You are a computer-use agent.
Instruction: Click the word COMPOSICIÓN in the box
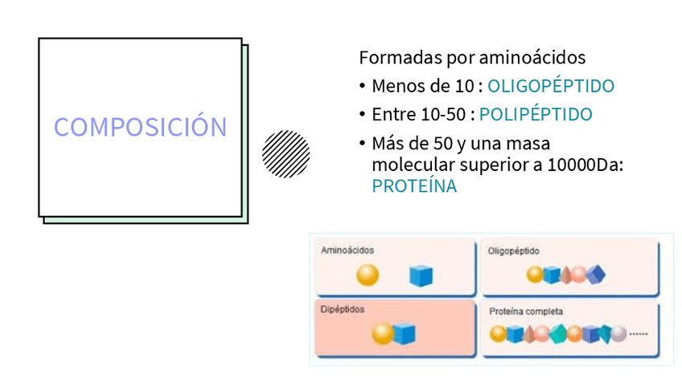tap(140, 126)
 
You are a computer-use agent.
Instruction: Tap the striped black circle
tap(286, 154)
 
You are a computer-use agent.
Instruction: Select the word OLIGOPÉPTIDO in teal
tap(551, 86)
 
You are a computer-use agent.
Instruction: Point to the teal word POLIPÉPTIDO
tap(536, 114)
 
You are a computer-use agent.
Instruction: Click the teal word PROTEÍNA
tap(414, 186)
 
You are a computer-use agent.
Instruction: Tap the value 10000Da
tap(585, 165)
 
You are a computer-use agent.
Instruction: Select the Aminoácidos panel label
tap(347, 251)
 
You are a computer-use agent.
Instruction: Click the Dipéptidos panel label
tap(343, 310)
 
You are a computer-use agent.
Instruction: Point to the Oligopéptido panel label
tap(513, 251)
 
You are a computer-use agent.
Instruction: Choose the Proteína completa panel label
tap(526, 312)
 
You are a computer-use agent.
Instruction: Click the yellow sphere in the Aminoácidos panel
tap(368, 275)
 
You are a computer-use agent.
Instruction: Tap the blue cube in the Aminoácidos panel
tap(421, 275)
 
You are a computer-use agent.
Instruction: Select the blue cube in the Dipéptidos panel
tap(405, 333)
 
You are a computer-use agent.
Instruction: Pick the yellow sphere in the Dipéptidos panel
tap(383, 333)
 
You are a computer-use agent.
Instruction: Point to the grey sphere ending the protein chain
tap(618, 334)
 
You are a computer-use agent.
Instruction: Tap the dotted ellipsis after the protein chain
tap(639, 334)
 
